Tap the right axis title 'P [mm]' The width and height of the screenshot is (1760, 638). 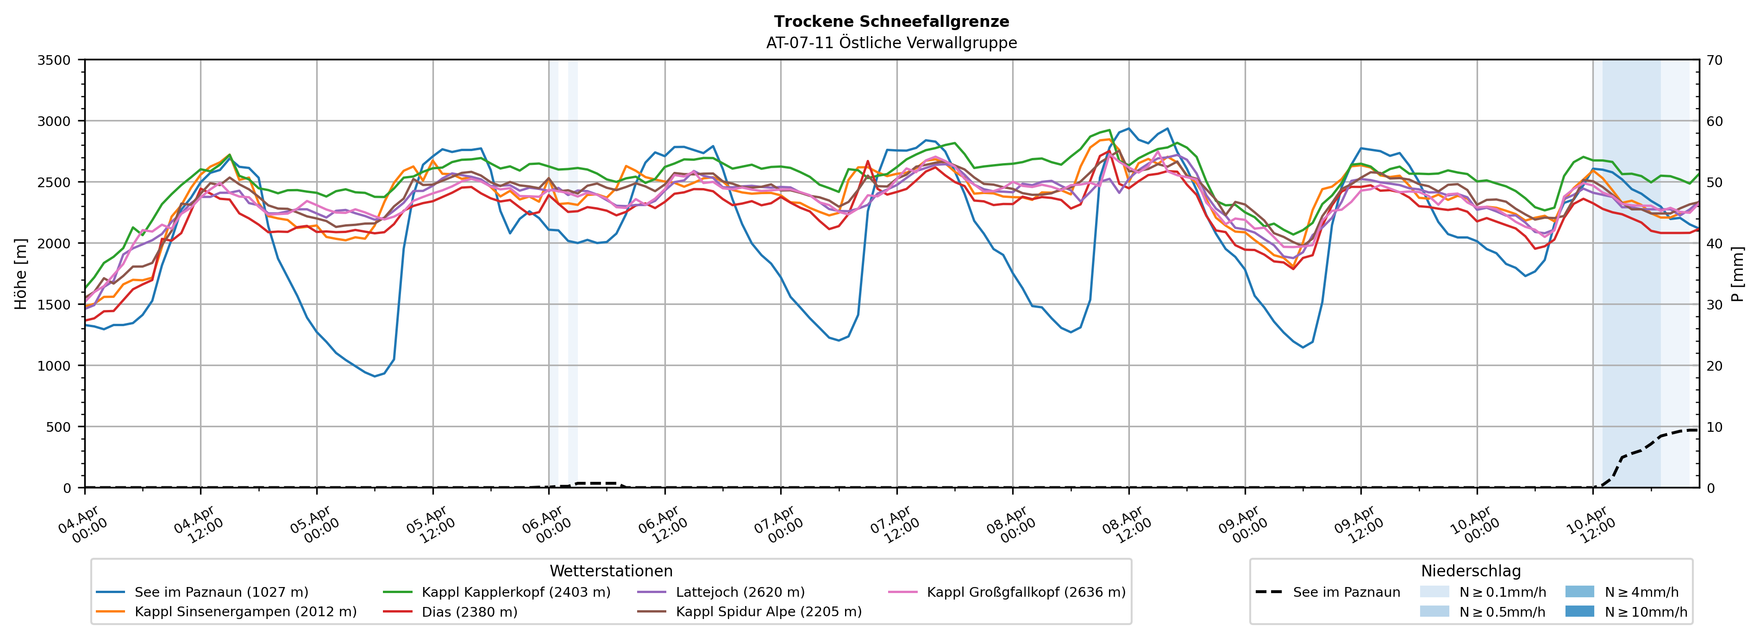coord(1737,273)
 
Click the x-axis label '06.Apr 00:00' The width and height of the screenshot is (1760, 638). coord(546,525)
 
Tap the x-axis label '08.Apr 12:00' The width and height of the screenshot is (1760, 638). coord(1127,525)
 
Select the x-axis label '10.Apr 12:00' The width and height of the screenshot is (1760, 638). coord(1591,525)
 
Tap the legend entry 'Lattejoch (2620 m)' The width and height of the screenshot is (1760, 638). coord(740,592)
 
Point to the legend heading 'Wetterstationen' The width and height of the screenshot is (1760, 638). coord(611,571)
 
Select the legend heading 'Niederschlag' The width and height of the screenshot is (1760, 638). coord(1470,571)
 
